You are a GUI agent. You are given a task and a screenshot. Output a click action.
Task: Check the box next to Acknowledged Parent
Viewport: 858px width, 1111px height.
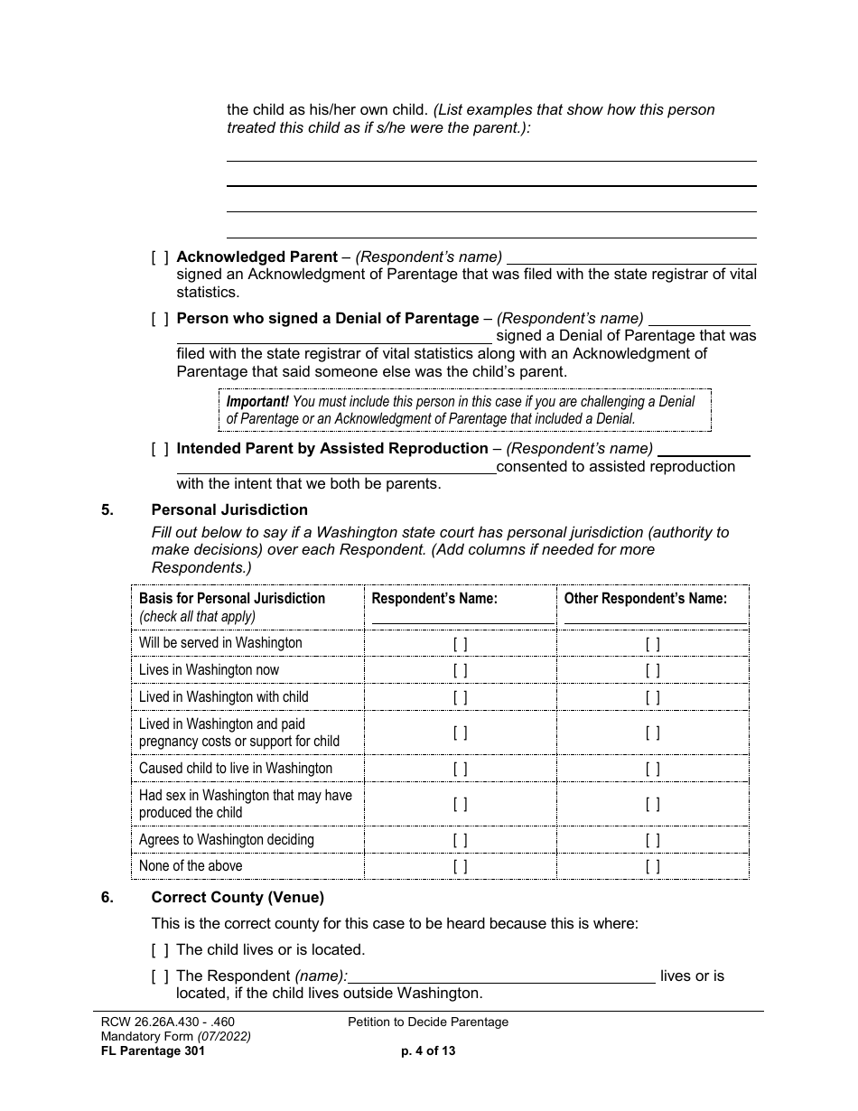159,257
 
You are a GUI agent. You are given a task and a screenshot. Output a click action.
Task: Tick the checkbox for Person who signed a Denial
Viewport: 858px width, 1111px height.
159,319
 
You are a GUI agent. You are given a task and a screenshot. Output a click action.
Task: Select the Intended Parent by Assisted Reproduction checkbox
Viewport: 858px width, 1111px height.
159,449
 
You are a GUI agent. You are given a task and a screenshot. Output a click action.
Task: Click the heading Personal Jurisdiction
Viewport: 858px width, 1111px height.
229,510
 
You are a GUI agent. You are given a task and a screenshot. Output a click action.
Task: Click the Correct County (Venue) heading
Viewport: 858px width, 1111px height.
238,898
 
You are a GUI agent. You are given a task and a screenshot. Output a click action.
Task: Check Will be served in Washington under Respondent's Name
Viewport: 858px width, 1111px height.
460,644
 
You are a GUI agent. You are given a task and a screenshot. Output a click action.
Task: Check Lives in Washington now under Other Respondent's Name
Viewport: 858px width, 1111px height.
652,670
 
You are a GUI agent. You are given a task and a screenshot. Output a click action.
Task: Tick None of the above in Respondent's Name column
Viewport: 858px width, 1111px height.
460,866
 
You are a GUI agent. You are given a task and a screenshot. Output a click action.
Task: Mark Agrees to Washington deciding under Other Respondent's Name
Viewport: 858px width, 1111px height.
652,840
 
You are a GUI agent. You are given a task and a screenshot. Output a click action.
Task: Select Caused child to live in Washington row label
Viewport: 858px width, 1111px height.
236,769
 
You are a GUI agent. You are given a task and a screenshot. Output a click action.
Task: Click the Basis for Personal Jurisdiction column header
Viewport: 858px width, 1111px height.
232,599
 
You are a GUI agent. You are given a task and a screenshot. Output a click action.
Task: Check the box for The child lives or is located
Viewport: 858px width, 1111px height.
159,950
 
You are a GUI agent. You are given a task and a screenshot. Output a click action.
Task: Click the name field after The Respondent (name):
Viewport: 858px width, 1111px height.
501,976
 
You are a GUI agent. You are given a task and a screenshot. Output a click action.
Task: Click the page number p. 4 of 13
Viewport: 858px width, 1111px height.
428,1051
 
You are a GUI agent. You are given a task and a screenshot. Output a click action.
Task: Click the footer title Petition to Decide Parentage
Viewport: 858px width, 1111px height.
428,1022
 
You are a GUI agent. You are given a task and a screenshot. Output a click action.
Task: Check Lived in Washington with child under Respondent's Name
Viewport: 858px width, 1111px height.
460,697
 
